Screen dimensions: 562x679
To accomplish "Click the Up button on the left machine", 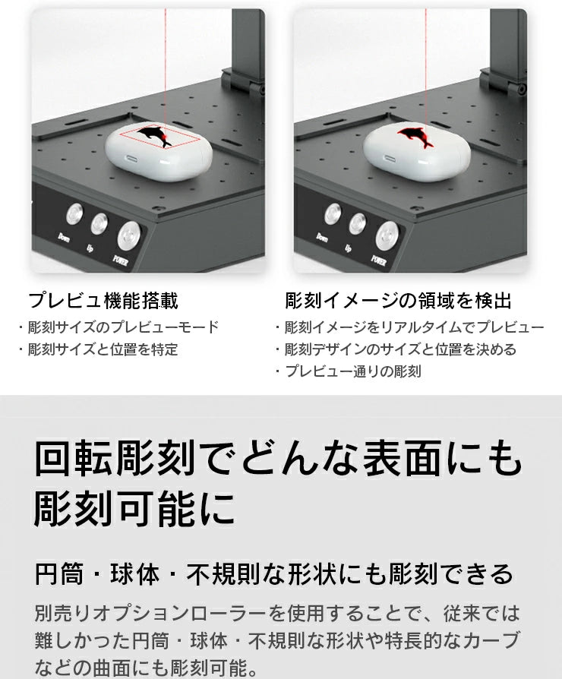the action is pos(99,224).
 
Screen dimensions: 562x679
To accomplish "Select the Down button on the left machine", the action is pos(74,214).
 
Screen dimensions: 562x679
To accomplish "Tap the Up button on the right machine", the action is pos(357,224).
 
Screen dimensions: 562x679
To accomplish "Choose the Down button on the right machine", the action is pos(333,213).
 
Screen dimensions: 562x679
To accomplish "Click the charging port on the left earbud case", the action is pos(131,159).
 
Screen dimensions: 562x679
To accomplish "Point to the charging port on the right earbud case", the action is pos(390,158).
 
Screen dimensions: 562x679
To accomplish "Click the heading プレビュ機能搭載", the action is pos(103,301).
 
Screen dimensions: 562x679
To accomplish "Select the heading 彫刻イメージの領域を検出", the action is pos(399,301).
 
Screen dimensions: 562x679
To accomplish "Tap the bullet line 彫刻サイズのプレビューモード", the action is pos(123,327).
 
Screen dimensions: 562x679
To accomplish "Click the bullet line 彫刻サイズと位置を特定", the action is pos(103,349).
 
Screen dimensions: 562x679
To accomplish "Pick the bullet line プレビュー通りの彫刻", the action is pos(353,371).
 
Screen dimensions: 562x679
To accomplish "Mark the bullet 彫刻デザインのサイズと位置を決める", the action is pos(400,349).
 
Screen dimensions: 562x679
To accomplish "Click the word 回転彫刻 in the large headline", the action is pos(115,459).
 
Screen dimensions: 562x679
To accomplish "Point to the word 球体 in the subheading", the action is pos(135,574).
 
